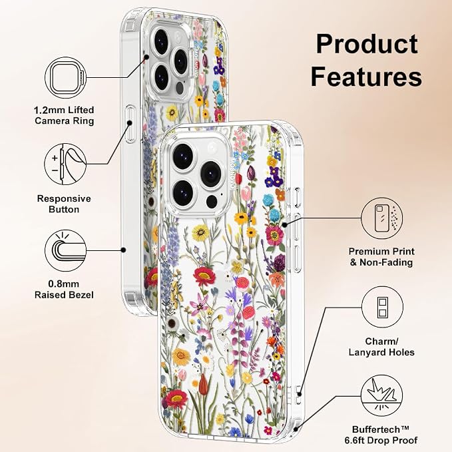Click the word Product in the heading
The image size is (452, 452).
tap(367, 44)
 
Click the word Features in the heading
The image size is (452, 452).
tap(366, 76)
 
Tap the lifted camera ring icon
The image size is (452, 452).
tap(66, 78)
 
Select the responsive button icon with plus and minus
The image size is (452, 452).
tap(65, 164)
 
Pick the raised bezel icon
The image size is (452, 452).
tap(66, 250)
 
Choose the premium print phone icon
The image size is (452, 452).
tap(382, 218)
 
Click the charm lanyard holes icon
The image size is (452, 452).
tap(382, 307)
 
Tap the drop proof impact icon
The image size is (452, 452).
tap(382, 396)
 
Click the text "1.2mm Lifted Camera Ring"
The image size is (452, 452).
tap(64, 115)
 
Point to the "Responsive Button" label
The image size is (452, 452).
tap(64, 204)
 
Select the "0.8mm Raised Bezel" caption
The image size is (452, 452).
tap(64, 290)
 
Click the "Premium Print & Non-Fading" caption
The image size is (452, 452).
tap(381, 257)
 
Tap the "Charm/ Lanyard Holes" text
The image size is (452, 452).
tap(381, 347)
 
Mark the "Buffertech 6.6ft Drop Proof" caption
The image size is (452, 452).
tap(381, 435)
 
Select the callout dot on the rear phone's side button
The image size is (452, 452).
tap(130, 123)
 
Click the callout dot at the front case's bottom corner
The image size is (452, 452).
tap(296, 429)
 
